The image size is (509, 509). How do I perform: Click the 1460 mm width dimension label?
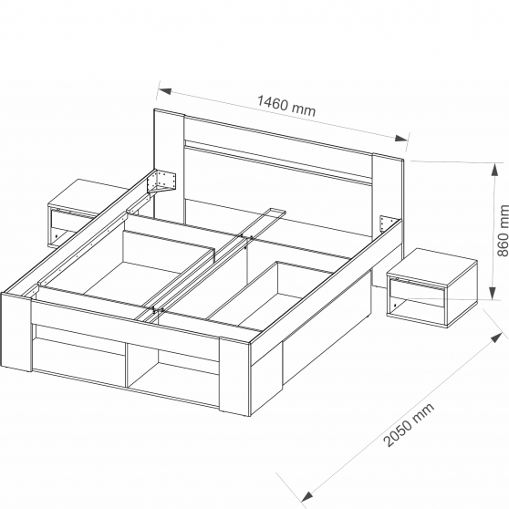[x=286, y=106]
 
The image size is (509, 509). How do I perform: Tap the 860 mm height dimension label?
[x=503, y=230]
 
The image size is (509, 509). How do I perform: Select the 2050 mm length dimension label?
[x=409, y=425]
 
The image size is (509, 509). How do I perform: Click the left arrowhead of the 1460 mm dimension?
[x=164, y=91]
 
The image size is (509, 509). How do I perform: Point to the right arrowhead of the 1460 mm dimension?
[x=400, y=139]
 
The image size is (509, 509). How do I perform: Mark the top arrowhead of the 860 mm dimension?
[x=494, y=170]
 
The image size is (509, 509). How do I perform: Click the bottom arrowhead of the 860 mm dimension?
[x=493, y=292]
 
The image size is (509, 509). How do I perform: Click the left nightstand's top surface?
[x=88, y=196]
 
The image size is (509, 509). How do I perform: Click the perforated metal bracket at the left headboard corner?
[x=161, y=182]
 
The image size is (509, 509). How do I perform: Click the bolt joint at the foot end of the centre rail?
[x=157, y=310]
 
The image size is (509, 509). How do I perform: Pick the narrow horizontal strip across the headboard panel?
[x=277, y=161]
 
